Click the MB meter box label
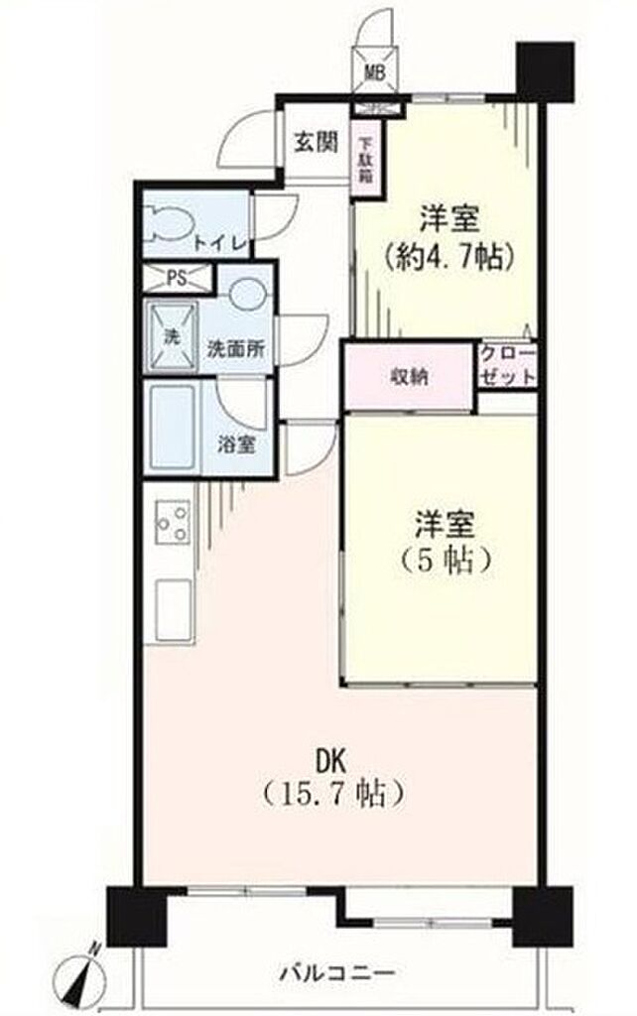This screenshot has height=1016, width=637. pyautogui.click(x=375, y=72)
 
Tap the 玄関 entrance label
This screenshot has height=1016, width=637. pyautogui.click(x=317, y=143)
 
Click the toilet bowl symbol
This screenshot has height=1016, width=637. pyautogui.click(x=168, y=224)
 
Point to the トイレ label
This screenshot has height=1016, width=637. pyautogui.click(x=221, y=244)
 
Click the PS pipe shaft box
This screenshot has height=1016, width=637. pyautogui.click(x=177, y=278)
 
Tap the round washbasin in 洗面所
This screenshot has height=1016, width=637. pyautogui.click(x=247, y=294)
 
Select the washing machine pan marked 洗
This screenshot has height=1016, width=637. pyautogui.click(x=173, y=336)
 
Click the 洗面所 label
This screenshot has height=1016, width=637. pyautogui.click(x=235, y=349)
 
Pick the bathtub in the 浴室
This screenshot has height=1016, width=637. pyautogui.click(x=172, y=427)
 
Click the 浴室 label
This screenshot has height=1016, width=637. pyautogui.click(x=236, y=445)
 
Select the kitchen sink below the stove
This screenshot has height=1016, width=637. pyautogui.click(x=174, y=610)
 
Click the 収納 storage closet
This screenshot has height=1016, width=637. pyautogui.click(x=409, y=377)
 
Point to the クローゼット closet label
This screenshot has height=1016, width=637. pyautogui.click(x=509, y=366)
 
